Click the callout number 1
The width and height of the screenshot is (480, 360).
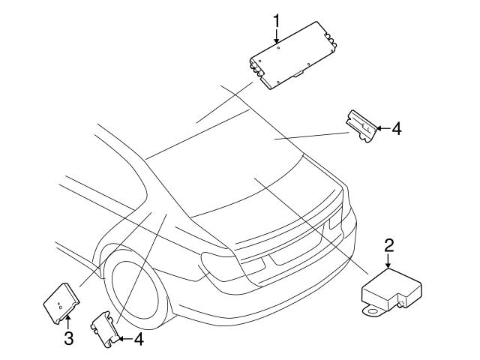tap(277, 21)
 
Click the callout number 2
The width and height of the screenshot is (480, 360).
tap(388, 245)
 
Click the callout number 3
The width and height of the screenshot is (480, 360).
tap(68, 338)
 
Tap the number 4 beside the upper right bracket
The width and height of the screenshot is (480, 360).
tap(397, 128)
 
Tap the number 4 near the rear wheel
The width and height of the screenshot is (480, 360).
tap(139, 339)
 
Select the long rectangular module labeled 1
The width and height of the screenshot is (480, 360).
tap(293, 55)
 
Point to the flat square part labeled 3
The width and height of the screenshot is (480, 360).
tap(61, 303)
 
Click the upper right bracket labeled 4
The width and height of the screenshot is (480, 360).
tap(361, 127)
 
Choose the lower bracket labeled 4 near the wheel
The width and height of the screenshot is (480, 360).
tap(105, 329)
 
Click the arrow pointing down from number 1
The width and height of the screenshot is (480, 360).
tap(277, 37)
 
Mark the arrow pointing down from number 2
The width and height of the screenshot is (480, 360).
tap(388, 261)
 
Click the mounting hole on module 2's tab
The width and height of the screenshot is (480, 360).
tap(373, 312)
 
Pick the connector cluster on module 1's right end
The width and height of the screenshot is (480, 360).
tap(331, 40)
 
